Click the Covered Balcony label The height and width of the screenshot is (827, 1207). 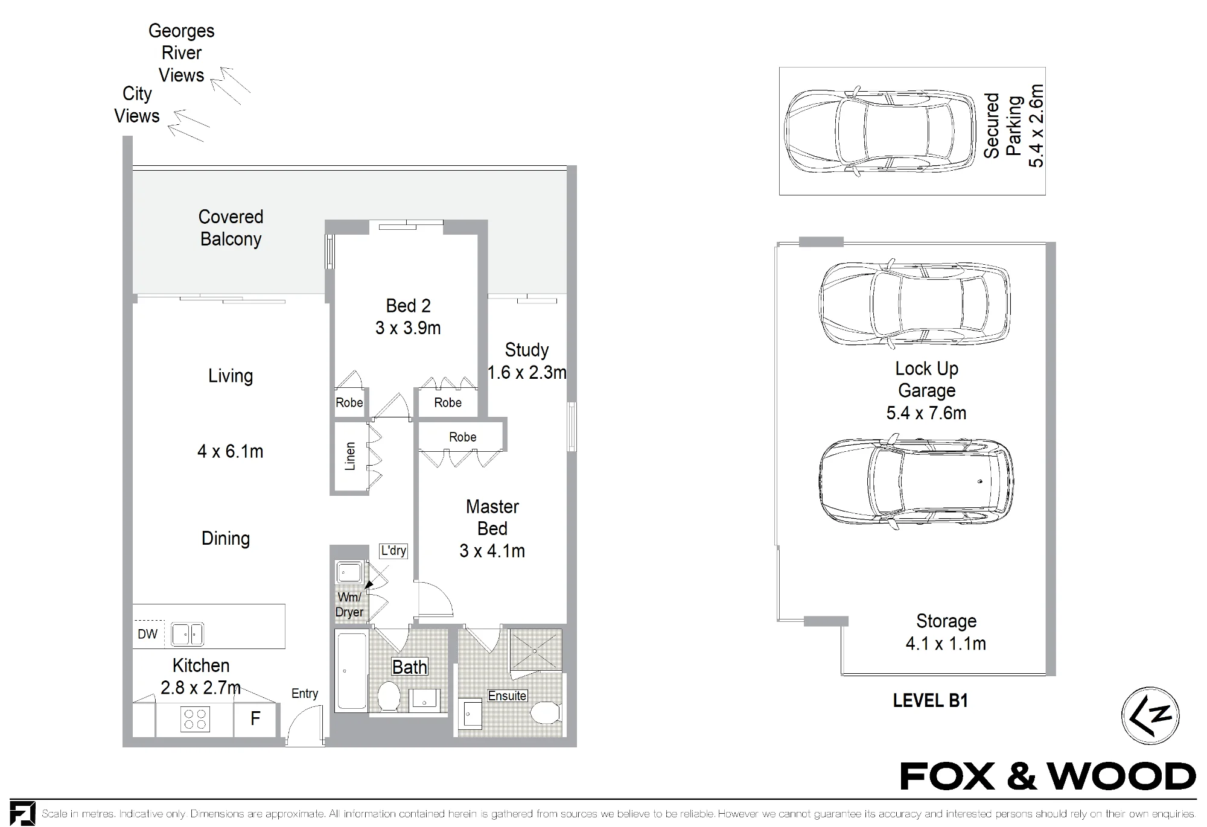pyautogui.click(x=231, y=228)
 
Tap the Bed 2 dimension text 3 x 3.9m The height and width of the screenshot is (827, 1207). pyautogui.click(x=408, y=328)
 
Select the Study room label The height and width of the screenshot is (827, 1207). pyautogui.click(x=527, y=350)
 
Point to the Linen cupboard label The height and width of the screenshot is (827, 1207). pyautogui.click(x=350, y=456)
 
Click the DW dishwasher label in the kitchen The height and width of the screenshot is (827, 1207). pyautogui.click(x=147, y=634)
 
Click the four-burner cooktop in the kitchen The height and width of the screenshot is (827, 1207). pyautogui.click(x=195, y=720)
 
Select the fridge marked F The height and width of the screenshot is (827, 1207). pyautogui.click(x=255, y=718)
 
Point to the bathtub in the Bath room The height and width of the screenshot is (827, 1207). pyautogui.click(x=351, y=671)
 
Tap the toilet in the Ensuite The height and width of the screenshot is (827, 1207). pyautogui.click(x=547, y=712)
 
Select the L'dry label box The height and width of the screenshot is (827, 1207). pyautogui.click(x=393, y=551)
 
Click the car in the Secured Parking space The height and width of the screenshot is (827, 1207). pyautogui.click(x=881, y=131)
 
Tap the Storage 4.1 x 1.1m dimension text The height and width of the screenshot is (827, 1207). pyautogui.click(x=946, y=644)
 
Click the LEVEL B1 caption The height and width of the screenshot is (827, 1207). pyautogui.click(x=930, y=700)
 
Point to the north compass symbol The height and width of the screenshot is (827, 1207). pyautogui.click(x=1150, y=716)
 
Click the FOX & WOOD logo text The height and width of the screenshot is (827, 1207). pyautogui.click(x=1048, y=777)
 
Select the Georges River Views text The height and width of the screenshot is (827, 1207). pyautogui.click(x=182, y=53)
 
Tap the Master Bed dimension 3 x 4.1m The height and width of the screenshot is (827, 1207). pyautogui.click(x=492, y=551)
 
